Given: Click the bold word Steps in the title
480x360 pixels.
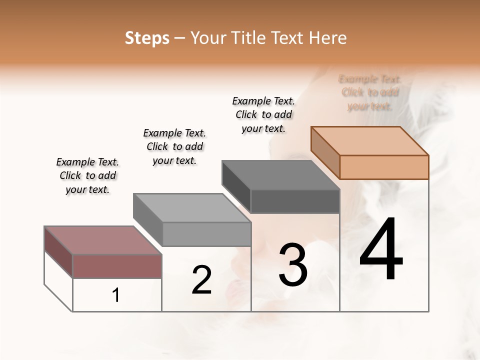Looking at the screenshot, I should click(147, 38).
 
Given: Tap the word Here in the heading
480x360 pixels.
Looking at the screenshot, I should click(327, 38).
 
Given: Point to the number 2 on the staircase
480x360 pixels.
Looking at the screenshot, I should click(201, 280).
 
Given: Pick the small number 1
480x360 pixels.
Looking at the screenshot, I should click(115, 295).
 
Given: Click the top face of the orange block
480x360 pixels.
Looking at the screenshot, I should click(370, 140).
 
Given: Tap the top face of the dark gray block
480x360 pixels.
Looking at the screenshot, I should click(280, 175).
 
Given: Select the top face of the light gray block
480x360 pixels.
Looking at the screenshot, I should click(192, 207).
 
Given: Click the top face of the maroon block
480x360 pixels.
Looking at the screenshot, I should click(103, 240).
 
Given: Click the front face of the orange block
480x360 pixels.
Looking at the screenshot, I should click(384, 167).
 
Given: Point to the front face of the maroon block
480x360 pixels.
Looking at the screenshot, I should click(117, 266).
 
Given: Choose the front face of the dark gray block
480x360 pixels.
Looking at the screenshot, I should click(295, 201).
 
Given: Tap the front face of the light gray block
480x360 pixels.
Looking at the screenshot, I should click(206, 234).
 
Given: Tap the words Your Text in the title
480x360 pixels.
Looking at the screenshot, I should click(220, 38).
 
